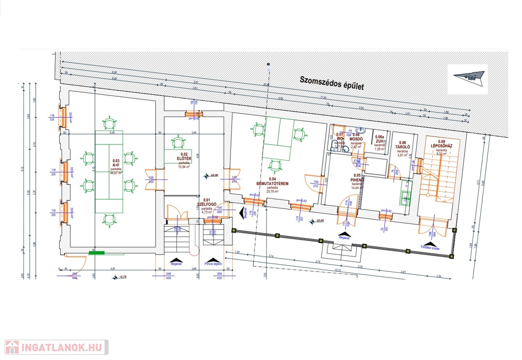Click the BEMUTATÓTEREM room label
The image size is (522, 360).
(x=274, y=183)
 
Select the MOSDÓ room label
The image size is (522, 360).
(x=356, y=139)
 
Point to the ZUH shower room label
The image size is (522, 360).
(x=379, y=142)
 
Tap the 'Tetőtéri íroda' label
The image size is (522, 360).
(x=430, y=247)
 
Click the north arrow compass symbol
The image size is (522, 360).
(x=467, y=77)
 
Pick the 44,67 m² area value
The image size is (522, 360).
(x=117, y=173)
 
